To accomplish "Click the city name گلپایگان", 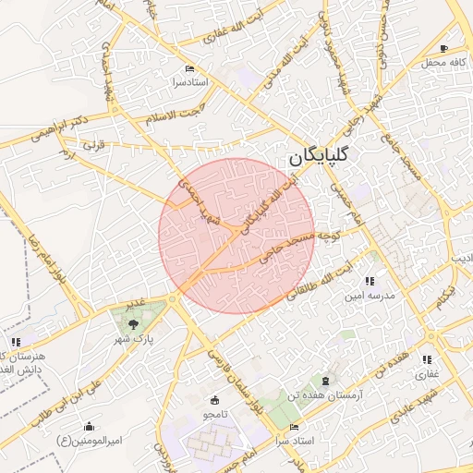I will [321, 156].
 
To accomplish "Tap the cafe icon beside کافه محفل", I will [444, 48].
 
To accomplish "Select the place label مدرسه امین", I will [370, 296].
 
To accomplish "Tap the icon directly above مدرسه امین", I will [370, 281].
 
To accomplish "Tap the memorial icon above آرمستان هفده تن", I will [324, 381].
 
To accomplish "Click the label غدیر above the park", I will [136, 303].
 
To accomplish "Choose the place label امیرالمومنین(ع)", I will [89, 441].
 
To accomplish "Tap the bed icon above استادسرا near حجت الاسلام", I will [190, 69].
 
